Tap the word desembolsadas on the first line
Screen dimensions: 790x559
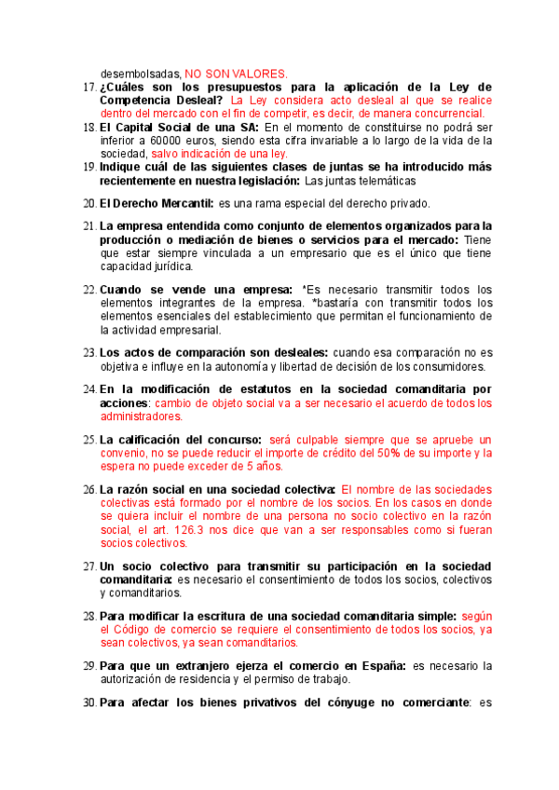tap(141, 73)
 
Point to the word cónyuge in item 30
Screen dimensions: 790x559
tap(337, 701)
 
